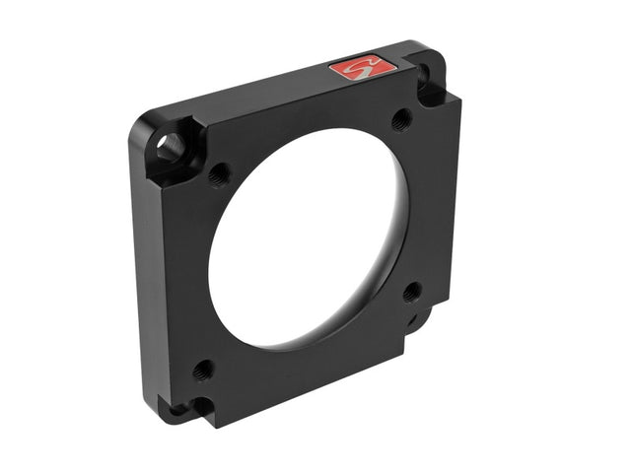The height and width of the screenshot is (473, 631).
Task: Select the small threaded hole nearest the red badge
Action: click(400, 120)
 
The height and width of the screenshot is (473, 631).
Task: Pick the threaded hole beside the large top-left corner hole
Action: click(219, 174)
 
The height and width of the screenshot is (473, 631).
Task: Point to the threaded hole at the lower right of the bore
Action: click(412, 291)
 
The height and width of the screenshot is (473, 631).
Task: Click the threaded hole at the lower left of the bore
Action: click(203, 371)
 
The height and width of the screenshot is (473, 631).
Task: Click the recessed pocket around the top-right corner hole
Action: click(431, 89)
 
